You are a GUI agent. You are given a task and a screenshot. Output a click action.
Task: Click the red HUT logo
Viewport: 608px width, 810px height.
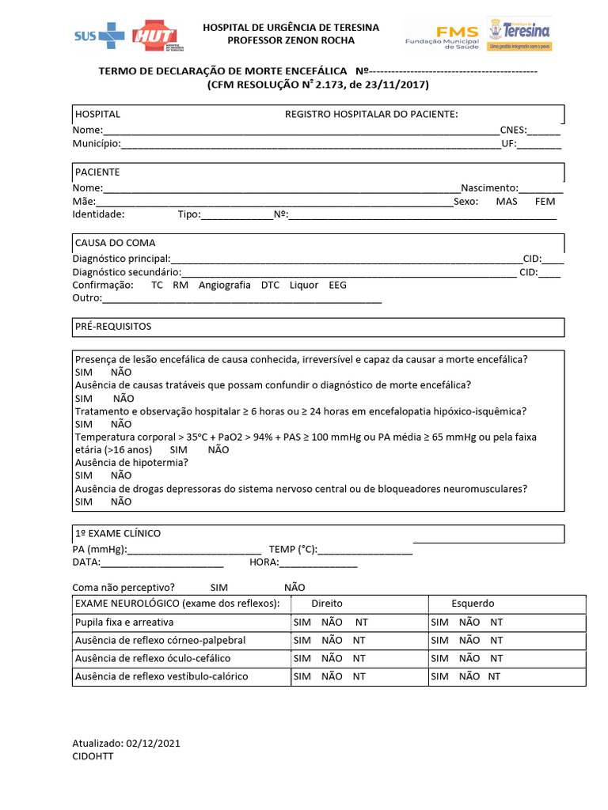[x=154, y=35]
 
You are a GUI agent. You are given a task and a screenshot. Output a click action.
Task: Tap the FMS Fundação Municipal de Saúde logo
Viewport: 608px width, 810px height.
[x=442, y=35]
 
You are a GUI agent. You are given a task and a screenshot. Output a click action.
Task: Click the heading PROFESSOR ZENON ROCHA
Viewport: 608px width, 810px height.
[x=291, y=40]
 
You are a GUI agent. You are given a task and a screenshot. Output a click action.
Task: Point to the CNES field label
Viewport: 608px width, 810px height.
[x=513, y=130]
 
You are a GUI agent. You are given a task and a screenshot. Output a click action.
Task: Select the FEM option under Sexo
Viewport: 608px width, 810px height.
[x=545, y=202]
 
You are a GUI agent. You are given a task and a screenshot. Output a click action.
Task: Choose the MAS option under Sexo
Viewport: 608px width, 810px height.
[x=507, y=202]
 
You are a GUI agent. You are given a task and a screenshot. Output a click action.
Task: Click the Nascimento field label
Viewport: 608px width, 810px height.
[x=489, y=188]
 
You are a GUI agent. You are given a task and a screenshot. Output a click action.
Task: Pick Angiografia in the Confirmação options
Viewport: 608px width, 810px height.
[x=224, y=286]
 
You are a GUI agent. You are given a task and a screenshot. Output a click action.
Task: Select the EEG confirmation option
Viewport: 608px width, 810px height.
[x=337, y=286]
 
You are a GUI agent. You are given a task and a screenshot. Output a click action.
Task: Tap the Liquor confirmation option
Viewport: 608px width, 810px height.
[x=304, y=286]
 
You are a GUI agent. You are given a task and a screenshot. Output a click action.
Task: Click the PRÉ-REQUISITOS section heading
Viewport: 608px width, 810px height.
[x=113, y=327]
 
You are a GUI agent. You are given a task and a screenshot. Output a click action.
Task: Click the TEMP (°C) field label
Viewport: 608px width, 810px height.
[x=293, y=549]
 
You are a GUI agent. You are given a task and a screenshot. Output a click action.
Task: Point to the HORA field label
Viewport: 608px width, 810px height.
[x=264, y=562]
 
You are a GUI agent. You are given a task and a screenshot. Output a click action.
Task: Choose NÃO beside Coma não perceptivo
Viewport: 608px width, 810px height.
[x=294, y=589]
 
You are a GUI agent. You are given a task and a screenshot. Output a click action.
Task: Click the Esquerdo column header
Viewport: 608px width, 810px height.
[x=473, y=604]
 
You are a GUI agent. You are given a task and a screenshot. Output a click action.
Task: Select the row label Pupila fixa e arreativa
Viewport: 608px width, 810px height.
[x=123, y=623]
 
